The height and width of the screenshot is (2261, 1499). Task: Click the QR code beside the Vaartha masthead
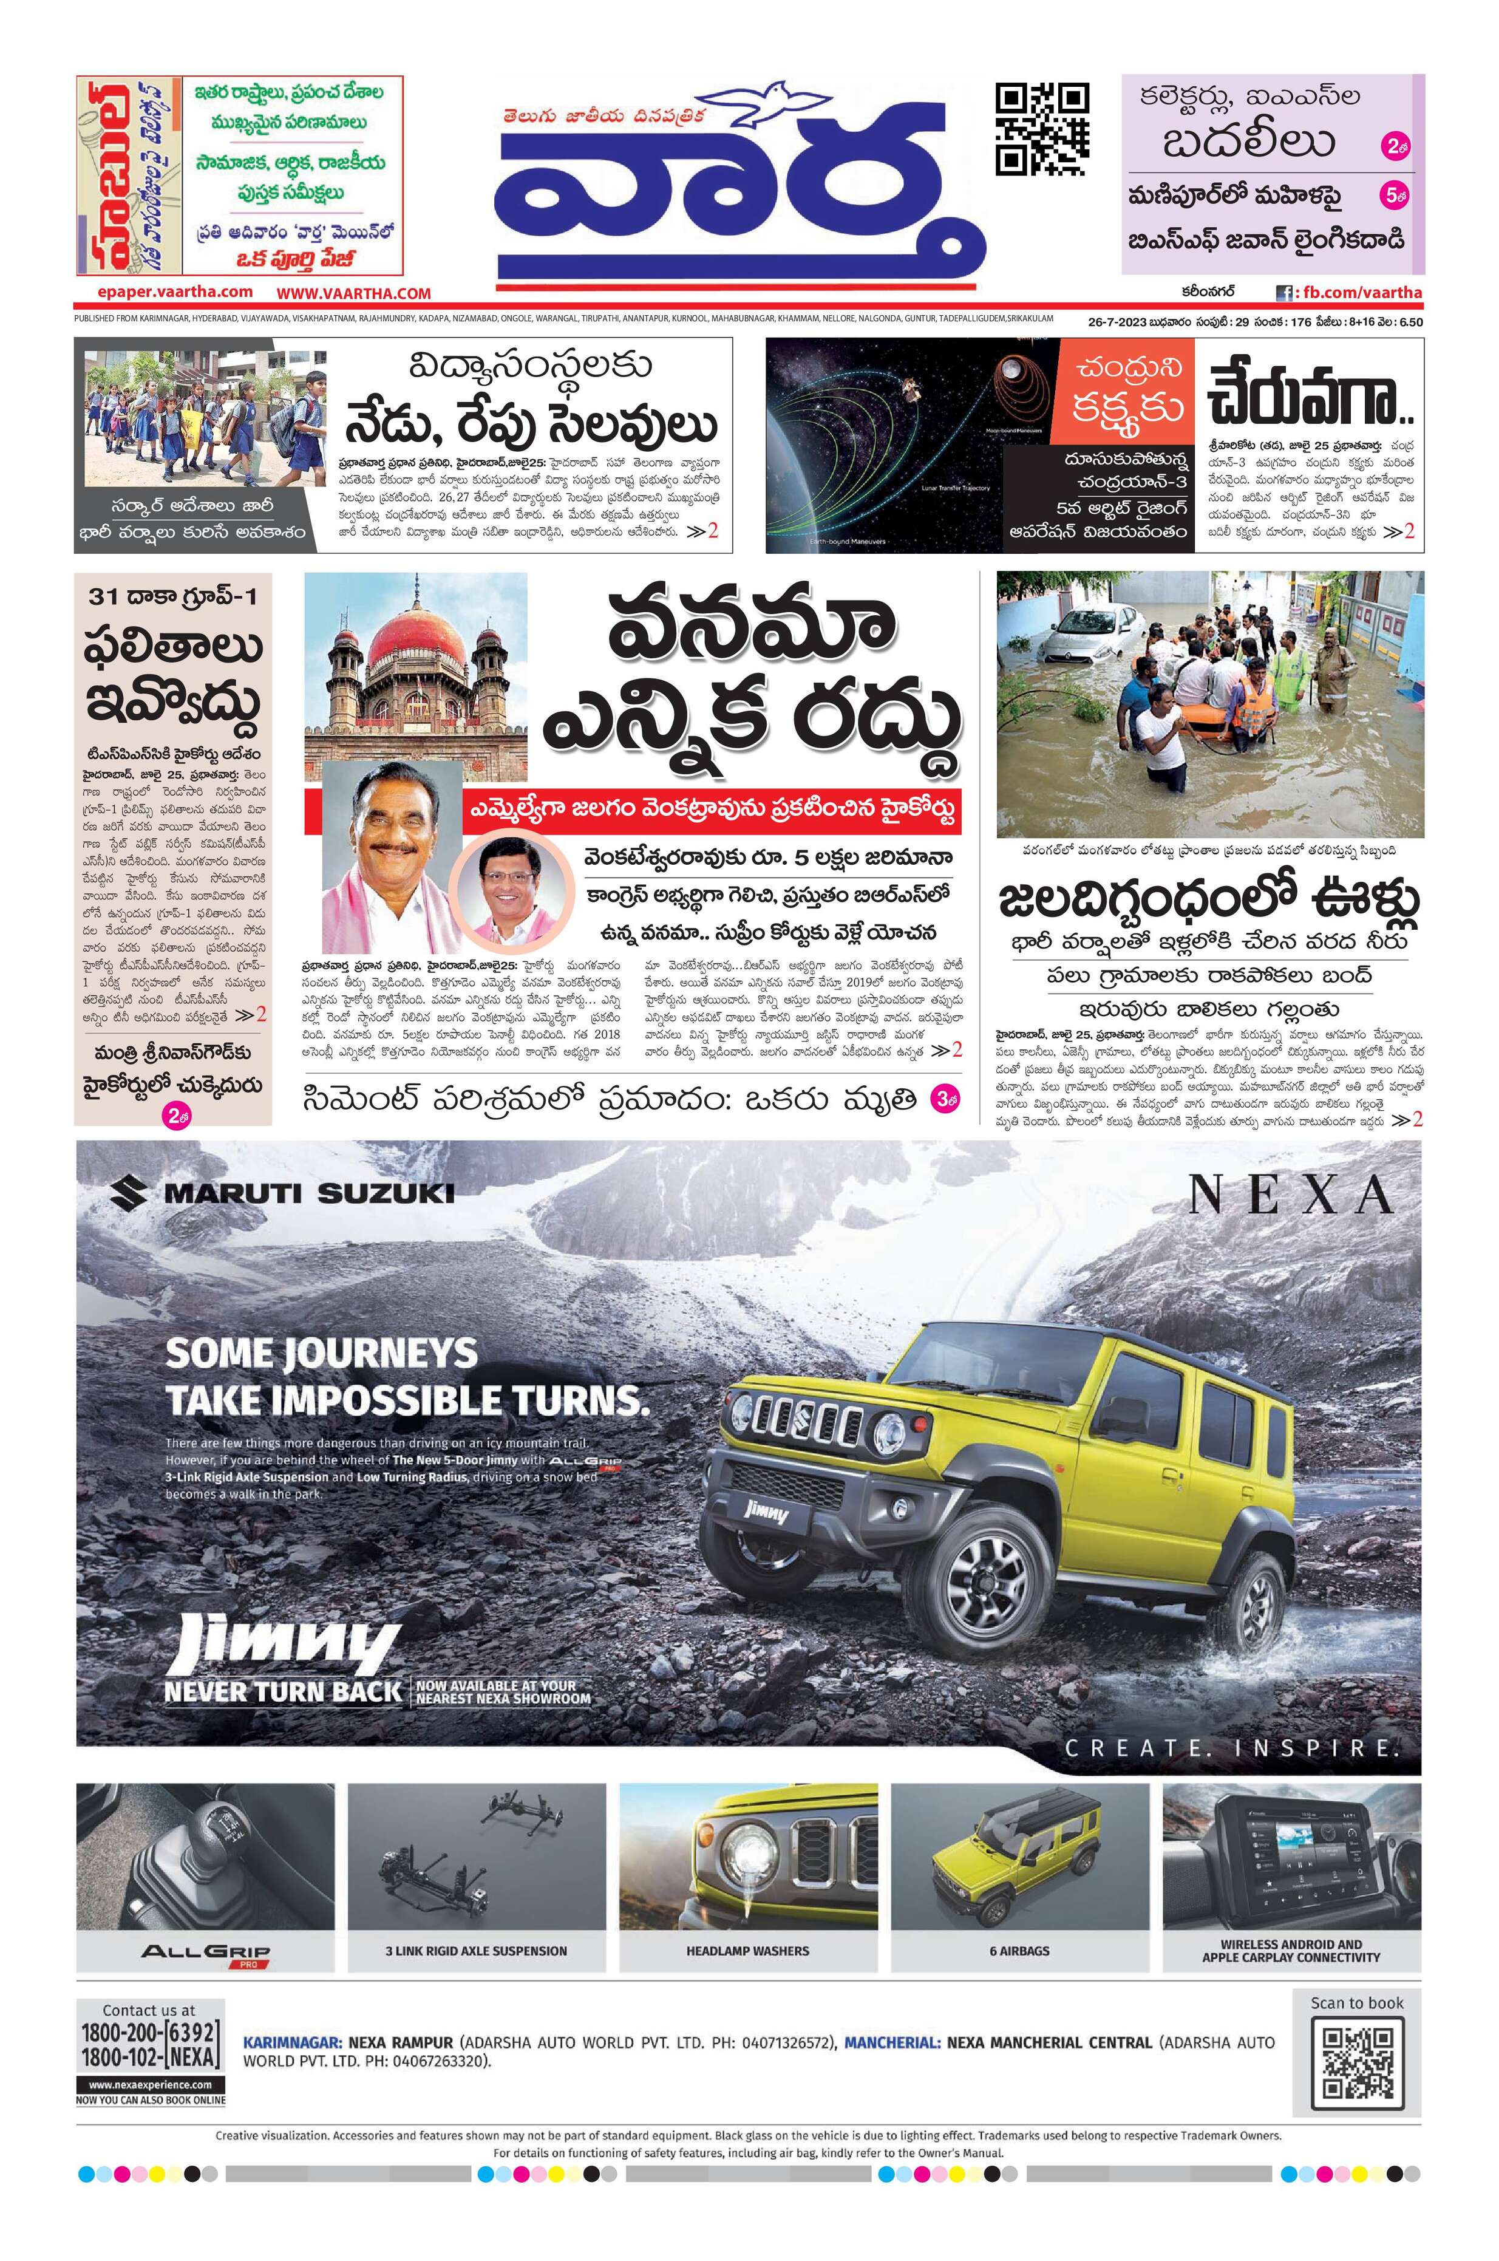click(1042, 129)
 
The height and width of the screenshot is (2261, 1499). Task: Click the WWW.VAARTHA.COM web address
click(354, 293)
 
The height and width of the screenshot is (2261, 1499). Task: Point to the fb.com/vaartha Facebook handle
click(1358, 293)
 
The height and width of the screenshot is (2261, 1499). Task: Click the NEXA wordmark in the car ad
click(1291, 1194)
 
